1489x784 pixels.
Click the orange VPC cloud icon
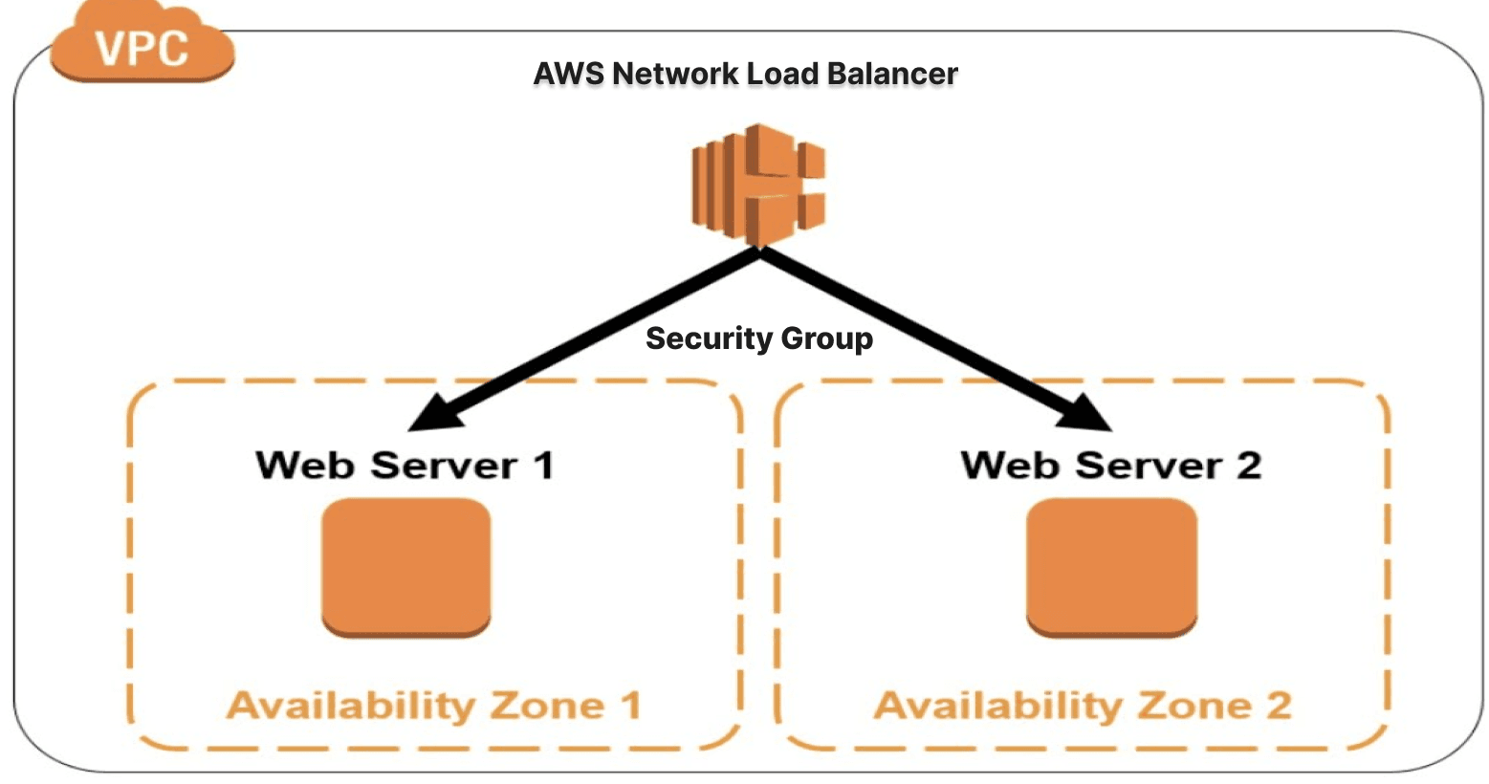(x=142, y=45)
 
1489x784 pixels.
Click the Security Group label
(x=758, y=338)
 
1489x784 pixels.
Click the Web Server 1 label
(x=404, y=466)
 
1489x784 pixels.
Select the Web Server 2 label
(x=1110, y=466)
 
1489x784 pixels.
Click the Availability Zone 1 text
(x=433, y=706)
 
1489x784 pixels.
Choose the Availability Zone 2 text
(x=1082, y=706)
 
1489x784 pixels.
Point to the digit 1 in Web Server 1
(x=542, y=466)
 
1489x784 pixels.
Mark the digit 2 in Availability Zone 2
(x=1278, y=706)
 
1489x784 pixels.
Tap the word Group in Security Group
(x=826, y=339)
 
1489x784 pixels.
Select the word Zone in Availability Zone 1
(x=547, y=706)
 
